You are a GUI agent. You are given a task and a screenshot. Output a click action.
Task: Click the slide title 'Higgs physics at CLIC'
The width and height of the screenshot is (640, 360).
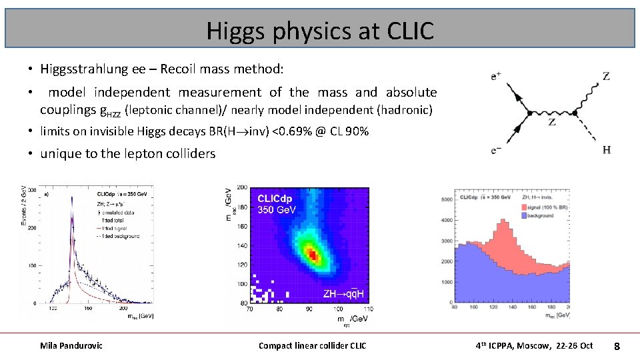pyautogui.click(x=320, y=30)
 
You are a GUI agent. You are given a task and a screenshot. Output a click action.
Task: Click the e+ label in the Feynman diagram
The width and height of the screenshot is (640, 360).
pyautogui.click(x=497, y=77)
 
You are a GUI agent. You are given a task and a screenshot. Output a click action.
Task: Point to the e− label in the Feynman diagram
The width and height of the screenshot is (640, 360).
pyautogui.click(x=497, y=151)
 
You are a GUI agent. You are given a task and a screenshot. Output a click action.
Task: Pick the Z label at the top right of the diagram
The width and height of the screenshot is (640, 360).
pyautogui.click(x=605, y=77)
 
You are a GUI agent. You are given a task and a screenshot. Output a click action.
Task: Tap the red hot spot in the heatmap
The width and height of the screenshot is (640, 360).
pyautogui.click(x=311, y=254)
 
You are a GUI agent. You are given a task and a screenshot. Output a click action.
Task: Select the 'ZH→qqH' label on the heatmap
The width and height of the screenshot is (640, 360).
pyautogui.click(x=344, y=294)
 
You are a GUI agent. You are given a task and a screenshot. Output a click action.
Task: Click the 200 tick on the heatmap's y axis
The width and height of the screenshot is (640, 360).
pyautogui.click(x=242, y=188)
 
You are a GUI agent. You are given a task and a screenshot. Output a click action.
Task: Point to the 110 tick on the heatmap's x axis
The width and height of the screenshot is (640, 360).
pyautogui.click(x=368, y=309)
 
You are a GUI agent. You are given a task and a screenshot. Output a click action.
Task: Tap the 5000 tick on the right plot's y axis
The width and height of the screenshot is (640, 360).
pyautogui.click(x=446, y=199)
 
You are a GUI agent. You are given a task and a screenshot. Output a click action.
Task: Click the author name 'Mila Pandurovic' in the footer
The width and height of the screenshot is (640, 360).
pyautogui.click(x=71, y=345)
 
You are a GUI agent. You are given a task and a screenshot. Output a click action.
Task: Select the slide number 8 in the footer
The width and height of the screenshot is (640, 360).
pyautogui.click(x=617, y=346)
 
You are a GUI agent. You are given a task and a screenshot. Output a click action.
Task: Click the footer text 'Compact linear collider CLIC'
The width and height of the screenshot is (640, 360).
pyautogui.click(x=312, y=345)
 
